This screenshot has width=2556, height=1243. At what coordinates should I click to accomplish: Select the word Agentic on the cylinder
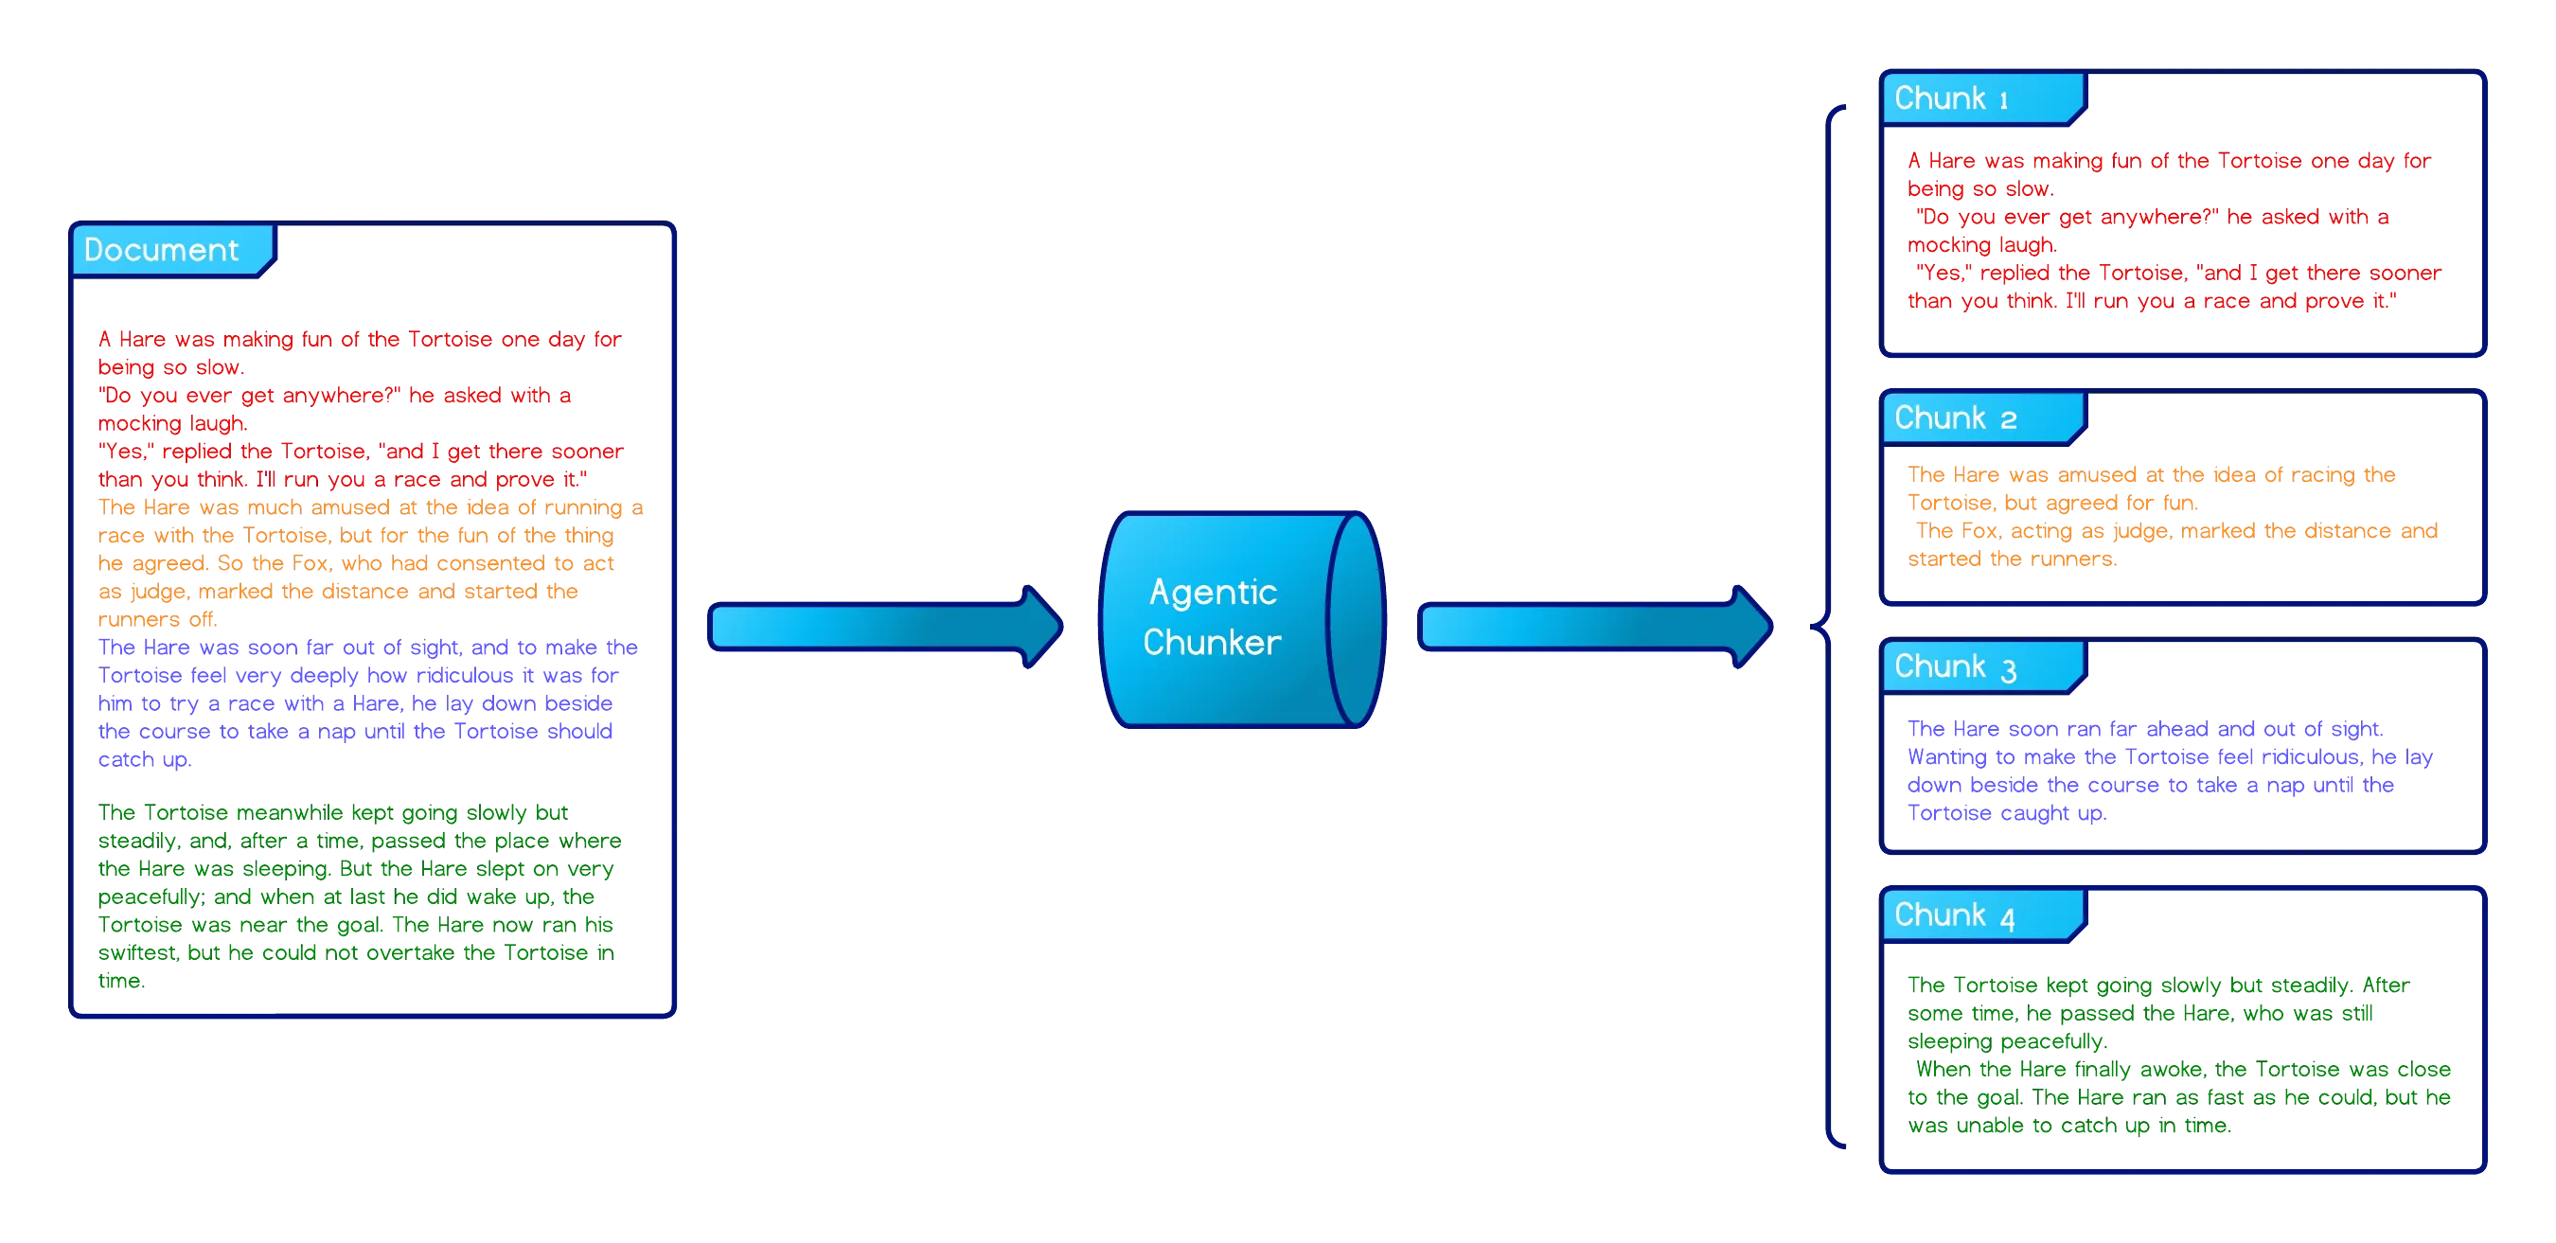pos(1213,593)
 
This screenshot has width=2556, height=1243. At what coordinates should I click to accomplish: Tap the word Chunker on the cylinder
pos(1212,643)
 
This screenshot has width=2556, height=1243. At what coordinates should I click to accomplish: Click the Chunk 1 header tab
pos(1980,99)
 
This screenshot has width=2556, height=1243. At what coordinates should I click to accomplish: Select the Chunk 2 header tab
pos(1980,417)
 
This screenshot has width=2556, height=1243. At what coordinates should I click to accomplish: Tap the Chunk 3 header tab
pos(1980,666)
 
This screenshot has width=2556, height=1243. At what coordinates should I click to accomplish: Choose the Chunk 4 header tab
pos(1980,914)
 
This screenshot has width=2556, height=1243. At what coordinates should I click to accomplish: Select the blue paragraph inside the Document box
pos(357,703)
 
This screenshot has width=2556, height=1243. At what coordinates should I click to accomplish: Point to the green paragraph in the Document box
pos(357,895)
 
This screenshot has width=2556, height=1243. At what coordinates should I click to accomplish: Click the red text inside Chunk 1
pos(2173,230)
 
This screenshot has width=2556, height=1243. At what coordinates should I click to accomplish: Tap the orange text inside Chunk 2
pos(2168,517)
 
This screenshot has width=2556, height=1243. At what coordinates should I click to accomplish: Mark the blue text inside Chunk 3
pos(2168,771)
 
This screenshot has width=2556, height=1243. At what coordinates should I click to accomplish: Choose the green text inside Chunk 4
pos(2178,1056)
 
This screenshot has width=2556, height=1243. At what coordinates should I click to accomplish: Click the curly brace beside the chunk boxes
pos(1828,626)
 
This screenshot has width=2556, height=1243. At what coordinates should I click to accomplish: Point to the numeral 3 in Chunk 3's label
pos(2008,671)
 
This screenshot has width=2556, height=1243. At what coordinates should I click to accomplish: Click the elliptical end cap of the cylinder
pos(1356,620)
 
